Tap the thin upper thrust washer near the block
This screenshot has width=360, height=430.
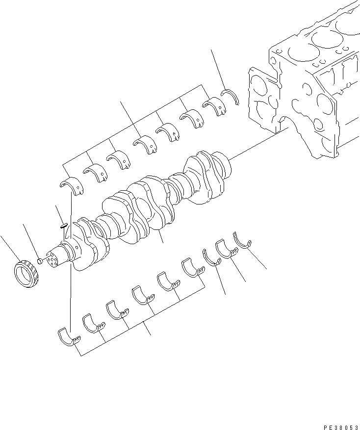(x=231, y=96)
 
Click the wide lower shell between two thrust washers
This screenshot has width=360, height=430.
(x=226, y=249)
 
